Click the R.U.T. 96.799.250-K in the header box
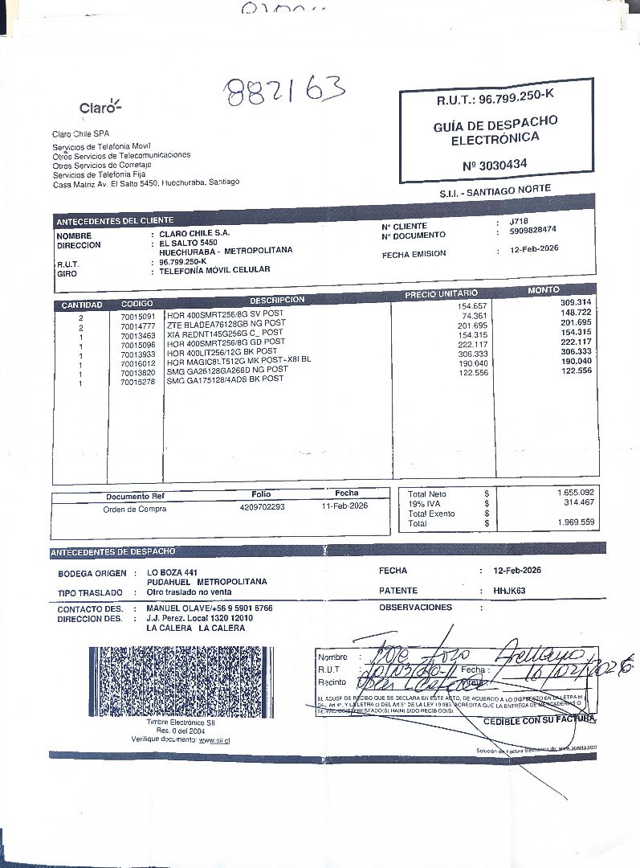click(495, 100)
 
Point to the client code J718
click(520, 221)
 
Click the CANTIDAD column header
click(82, 305)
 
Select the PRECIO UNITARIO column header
click(441, 294)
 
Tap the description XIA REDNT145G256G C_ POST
click(225, 334)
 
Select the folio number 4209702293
click(262, 507)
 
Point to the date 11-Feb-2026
click(344, 506)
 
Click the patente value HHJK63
click(509, 591)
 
